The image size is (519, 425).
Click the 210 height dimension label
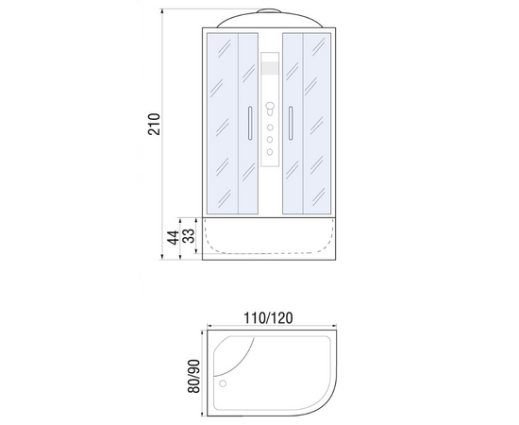pyautogui.click(x=154, y=125)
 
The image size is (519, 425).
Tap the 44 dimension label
pyautogui.click(x=173, y=238)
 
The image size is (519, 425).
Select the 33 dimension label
pyautogui.click(x=189, y=236)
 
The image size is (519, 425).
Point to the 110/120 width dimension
pyautogui.click(x=268, y=318)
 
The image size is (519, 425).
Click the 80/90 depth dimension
pyautogui.click(x=194, y=376)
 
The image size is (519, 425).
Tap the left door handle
pyautogui.click(x=250, y=123)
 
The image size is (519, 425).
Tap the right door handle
pyautogui.click(x=291, y=123)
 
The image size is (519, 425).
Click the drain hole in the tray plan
pyautogui.click(x=223, y=383)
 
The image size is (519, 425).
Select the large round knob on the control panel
pyautogui.click(x=270, y=107)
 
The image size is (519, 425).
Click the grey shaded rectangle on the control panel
pyautogui.click(x=270, y=68)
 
